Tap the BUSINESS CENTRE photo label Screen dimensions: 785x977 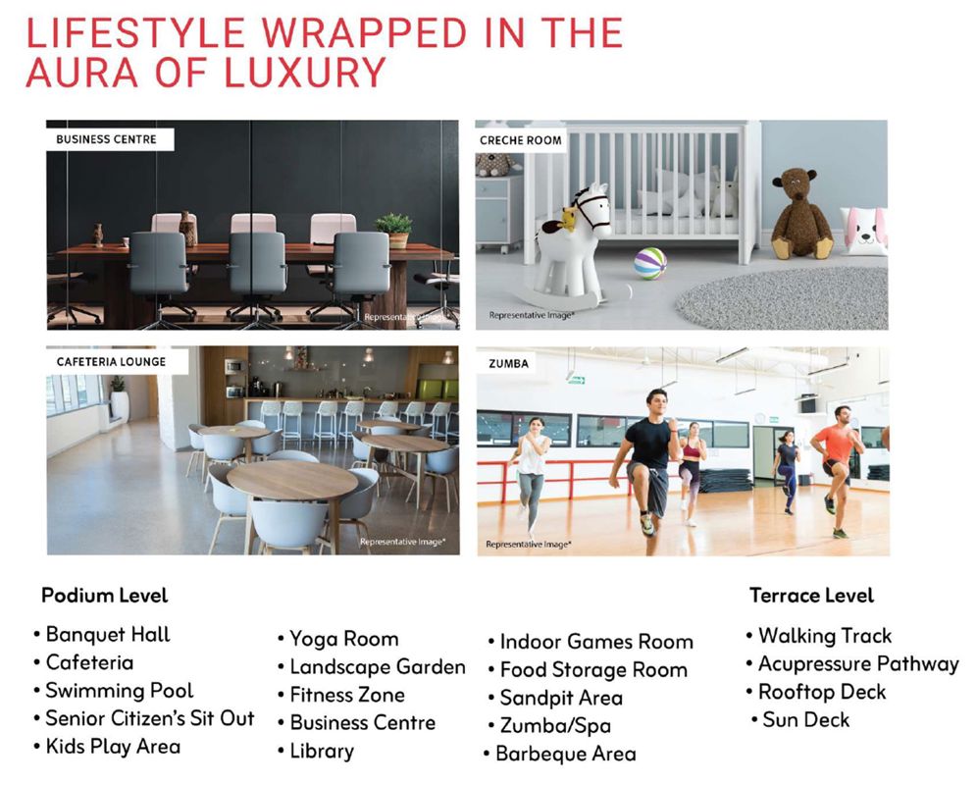106,139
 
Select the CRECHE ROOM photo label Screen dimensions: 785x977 521,140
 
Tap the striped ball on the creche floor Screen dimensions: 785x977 649,263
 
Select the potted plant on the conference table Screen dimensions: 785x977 394,229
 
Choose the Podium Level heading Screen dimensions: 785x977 105,596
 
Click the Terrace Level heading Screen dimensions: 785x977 811,596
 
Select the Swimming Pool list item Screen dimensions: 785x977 120,691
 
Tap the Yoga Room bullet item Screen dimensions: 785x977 343,640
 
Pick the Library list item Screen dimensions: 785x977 321,752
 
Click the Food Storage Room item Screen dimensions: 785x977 593,671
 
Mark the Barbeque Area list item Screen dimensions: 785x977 565,755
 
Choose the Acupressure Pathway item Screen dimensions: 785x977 857,664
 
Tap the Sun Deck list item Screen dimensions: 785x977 805,720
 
